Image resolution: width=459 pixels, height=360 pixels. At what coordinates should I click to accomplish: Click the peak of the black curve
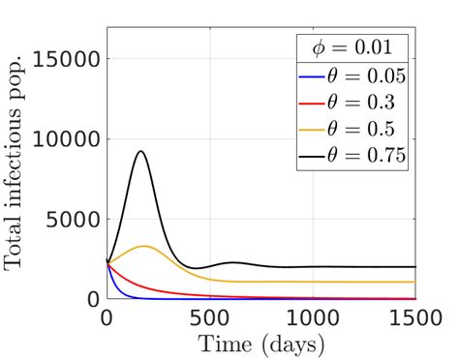(142, 151)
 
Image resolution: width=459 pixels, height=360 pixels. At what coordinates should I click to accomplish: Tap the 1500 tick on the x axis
(414, 317)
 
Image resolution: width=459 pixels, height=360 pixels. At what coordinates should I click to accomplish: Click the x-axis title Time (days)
(260, 343)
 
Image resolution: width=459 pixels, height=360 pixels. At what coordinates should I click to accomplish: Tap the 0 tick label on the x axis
(107, 317)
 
